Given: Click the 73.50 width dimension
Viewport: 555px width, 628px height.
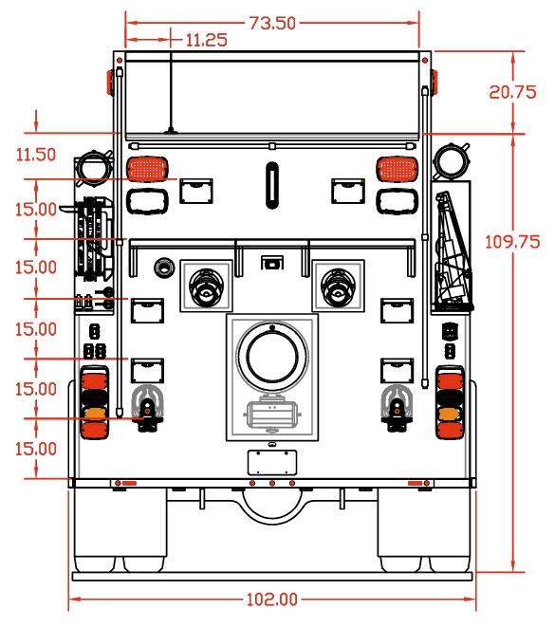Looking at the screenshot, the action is tap(272, 23).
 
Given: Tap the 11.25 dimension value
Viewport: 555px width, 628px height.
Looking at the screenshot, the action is tap(207, 40).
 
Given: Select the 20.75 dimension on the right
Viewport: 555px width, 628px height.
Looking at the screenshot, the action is tap(512, 92).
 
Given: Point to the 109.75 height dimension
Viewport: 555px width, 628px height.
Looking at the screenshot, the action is tap(512, 242).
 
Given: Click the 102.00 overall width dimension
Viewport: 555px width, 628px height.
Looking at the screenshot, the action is tap(272, 600).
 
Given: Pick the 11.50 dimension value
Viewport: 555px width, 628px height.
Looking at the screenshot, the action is tap(36, 155).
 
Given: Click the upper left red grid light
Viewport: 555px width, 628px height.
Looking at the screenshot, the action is tap(147, 169).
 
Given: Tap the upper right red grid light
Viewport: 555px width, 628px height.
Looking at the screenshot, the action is tap(398, 169).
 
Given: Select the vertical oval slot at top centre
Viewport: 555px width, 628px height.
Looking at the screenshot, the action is tap(272, 185).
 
